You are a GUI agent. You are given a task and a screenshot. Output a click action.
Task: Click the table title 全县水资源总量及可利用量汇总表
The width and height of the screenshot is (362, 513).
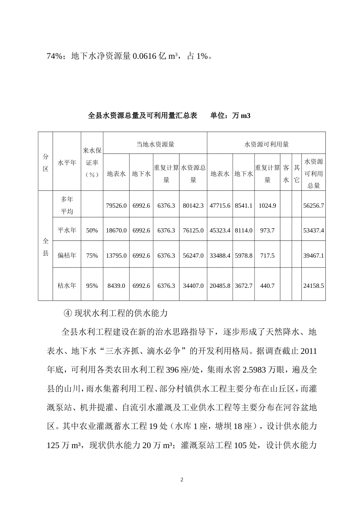pos(143,115)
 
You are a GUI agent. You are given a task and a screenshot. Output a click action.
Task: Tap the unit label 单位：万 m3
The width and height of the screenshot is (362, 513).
pos(230,115)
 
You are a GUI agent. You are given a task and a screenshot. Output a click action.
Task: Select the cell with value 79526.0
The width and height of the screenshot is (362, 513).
pos(116,205)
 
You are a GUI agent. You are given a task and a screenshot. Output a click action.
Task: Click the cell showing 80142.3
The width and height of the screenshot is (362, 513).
pos(193,205)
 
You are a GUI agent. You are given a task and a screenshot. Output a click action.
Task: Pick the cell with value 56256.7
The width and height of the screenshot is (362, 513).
pos(313,205)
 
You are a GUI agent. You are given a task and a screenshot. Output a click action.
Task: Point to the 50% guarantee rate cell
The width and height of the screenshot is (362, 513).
pos(92,231)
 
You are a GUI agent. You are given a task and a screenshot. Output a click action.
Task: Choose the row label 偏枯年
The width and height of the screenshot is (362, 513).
pos(67,255)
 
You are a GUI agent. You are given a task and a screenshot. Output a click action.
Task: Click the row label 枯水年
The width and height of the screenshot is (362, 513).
pos(67,286)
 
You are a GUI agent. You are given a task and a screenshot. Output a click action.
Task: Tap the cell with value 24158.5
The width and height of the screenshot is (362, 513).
pos(313,286)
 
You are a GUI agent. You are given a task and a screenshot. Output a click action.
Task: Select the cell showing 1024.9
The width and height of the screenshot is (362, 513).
pos(267,205)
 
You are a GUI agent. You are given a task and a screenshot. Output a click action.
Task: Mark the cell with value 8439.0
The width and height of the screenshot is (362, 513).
pos(116,286)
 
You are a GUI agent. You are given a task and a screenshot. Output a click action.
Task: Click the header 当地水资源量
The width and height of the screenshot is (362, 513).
pos(155,144)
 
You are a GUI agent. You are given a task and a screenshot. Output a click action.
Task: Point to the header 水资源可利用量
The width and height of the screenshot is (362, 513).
pos(266,144)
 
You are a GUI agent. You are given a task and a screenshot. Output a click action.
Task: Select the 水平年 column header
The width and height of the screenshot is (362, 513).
pos(67,163)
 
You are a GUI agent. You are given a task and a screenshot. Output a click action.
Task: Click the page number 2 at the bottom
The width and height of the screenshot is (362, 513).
pos(181,480)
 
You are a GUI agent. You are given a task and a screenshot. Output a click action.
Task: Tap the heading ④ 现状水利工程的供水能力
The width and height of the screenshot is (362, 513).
pos(115,313)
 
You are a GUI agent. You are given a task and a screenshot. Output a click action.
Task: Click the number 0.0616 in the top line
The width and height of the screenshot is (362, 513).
pos(144,56)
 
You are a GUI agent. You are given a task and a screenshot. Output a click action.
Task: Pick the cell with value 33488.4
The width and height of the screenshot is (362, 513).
pos(220,255)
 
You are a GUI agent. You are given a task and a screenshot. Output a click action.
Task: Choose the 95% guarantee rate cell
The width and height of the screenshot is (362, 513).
pos(92,286)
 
